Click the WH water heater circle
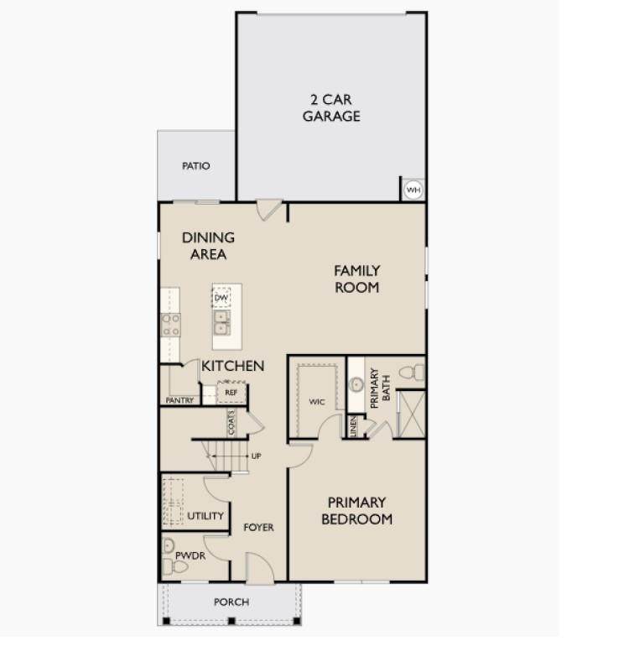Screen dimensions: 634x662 pyautogui.click(x=413, y=190)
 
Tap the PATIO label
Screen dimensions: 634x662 pyautogui.click(x=196, y=166)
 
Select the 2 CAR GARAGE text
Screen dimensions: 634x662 pyautogui.click(x=331, y=107)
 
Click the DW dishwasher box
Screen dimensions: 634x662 pyautogui.click(x=221, y=298)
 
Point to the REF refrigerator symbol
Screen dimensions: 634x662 pyautogui.click(x=231, y=393)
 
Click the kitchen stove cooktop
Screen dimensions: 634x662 pyautogui.click(x=170, y=325)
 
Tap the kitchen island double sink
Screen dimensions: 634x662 pyautogui.click(x=221, y=322)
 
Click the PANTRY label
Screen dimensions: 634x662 pyautogui.click(x=179, y=400)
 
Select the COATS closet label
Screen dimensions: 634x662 pyautogui.click(x=231, y=423)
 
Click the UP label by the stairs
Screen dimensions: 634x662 pyautogui.click(x=257, y=456)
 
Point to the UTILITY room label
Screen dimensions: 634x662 pyautogui.click(x=205, y=516)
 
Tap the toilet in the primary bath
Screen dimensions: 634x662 pyautogui.click(x=413, y=373)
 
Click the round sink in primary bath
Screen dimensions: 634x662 pyautogui.click(x=356, y=384)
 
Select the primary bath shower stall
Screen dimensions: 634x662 pyautogui.click(x=412, y=414)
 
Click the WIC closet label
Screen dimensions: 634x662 pyautogui.click(x=317, y=402)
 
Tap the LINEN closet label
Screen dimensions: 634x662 pyautogui.click(x=353, y=426)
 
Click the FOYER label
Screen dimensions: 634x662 pyautogui.click(x=259, y=527)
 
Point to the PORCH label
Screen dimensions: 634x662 pyautogui.click(x=231, y=602)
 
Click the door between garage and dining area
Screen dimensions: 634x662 pyautogui.click(x=268, y=210)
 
